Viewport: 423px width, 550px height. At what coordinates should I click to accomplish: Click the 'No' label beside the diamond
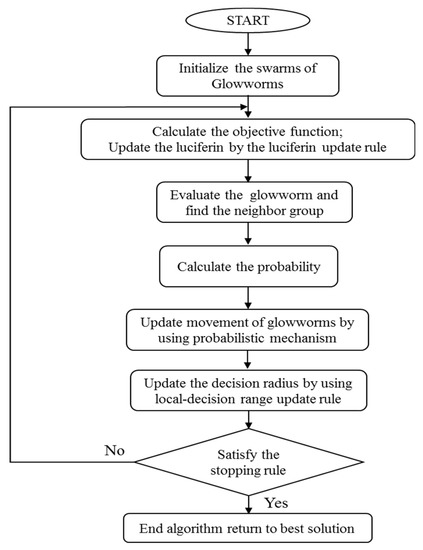pos(115,449)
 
